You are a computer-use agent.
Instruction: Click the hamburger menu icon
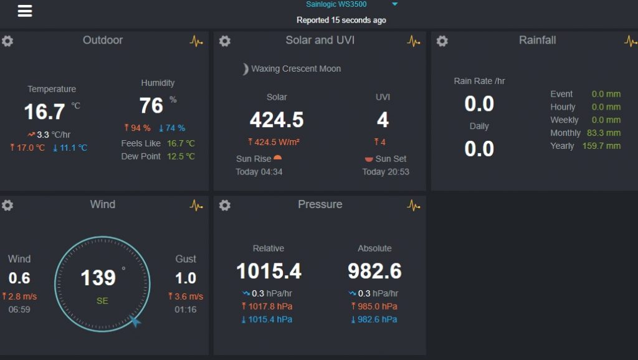pyautogui.click(x=25, y=11)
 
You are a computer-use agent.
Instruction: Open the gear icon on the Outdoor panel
pyautogui.click(x=7, y=41)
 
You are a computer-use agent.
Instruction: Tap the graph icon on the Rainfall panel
pyautogui.click(x=630, y=41)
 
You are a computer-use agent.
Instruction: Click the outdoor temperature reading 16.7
pyautogui.click(x=44, y=112)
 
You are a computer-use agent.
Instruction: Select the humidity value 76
pyautogui.click(x=151, y=106)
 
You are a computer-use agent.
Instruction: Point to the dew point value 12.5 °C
pyautogui.click(x=181, y=156)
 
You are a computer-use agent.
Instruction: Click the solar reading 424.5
pyautogui.click(x=277, y=120)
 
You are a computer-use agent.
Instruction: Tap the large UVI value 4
pyautogui.click(x=383, y=120)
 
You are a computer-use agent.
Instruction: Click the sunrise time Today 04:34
pyautogui.click(x=259, y=172)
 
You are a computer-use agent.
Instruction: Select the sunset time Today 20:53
pyautogui.click(x=386, y=172)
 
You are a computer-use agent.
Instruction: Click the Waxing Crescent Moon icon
pyautogui.click(x=245, y=69)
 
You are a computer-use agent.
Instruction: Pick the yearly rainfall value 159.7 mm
pyautogui.click(x=604, y=146)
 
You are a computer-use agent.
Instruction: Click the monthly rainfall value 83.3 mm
pyautogui.click(x=604, y=133)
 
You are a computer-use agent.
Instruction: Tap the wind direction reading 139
pyautogui.click(x=98, y=278)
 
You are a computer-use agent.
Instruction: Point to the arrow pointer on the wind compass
pyautogui.click(x=135, y=321)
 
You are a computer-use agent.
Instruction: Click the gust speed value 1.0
pyautogui.click(x=186, y=278)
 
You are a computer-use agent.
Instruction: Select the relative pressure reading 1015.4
pyautogui.click(x=269, y=272)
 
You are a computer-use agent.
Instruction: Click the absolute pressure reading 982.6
pyautogui.click(x=374, y=272)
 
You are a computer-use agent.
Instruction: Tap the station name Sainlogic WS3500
pyautogui.click(x=336, y=4)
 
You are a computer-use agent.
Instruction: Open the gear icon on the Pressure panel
pyautogui.click(x=225, y=206)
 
